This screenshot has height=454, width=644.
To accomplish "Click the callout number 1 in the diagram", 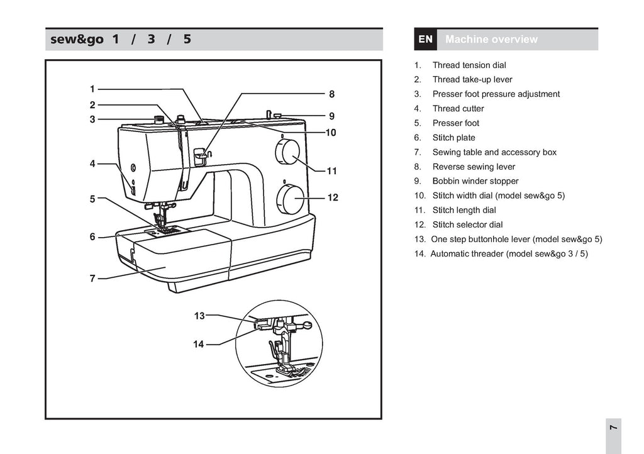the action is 92,89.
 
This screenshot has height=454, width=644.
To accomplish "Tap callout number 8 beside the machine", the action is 332,94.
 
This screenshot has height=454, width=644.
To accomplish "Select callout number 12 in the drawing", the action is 333,198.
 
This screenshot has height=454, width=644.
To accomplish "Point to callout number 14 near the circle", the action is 199,345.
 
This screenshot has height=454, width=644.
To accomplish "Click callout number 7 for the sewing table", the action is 92,279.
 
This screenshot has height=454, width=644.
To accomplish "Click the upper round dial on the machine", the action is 287,152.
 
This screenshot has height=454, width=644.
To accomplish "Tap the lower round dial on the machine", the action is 291,199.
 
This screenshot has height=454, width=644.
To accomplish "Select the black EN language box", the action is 426,40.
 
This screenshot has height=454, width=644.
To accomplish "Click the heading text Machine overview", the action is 491,40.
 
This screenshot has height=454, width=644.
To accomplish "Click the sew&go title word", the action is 77,40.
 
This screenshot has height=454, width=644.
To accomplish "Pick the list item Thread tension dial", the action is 469,65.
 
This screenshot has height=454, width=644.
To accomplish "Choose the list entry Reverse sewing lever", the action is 474,167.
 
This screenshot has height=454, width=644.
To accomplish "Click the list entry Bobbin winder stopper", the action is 475,181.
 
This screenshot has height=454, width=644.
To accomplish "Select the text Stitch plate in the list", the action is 453,138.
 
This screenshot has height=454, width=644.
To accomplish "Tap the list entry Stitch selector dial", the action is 467,224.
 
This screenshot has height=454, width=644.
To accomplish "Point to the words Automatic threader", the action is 467,253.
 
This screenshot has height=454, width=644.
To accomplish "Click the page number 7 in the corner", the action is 613,428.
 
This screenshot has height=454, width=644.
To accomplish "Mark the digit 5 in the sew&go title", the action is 187,40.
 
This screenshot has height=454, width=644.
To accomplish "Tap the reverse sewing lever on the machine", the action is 201,156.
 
